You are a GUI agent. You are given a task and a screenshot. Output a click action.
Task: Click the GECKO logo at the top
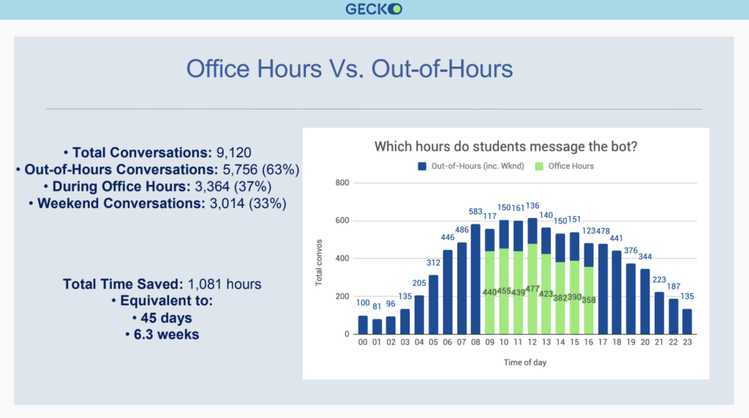point(374,9)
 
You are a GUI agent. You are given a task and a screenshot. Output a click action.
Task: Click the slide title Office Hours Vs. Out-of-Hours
point(350,69)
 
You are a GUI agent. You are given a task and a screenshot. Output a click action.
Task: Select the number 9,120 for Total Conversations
point(233,153)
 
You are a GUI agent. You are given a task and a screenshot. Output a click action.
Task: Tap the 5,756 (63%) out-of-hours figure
point(261,170)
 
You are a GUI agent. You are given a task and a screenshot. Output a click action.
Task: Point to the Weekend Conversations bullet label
point(121,203)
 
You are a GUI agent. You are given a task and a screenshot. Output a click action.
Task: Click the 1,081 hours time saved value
point(225,284)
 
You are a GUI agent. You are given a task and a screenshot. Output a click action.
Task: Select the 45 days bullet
point(162,318)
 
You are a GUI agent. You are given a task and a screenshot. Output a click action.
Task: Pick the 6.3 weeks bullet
point(162,335)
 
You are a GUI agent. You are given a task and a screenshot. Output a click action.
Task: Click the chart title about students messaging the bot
point(505,146)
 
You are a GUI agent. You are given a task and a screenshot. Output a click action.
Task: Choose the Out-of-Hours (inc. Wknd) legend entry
point(471,166)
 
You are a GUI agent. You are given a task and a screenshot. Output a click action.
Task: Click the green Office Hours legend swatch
point(539,166)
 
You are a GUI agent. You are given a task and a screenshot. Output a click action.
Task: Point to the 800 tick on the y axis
point(342,183)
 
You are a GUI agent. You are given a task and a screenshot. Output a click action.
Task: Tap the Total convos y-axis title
point(319,262)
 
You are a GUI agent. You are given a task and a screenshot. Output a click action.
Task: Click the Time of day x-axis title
point(525,362)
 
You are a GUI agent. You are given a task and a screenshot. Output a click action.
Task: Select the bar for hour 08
point(475,279)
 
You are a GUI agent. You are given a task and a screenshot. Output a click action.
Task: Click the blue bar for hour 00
point(363,325)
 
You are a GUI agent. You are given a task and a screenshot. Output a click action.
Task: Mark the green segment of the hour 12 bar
point(532,289)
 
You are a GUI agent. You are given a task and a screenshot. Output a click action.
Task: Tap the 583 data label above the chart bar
point(475,211)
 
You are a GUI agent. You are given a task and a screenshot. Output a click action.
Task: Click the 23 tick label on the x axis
point(688,342)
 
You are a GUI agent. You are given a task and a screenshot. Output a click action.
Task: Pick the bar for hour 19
point(631,299)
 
